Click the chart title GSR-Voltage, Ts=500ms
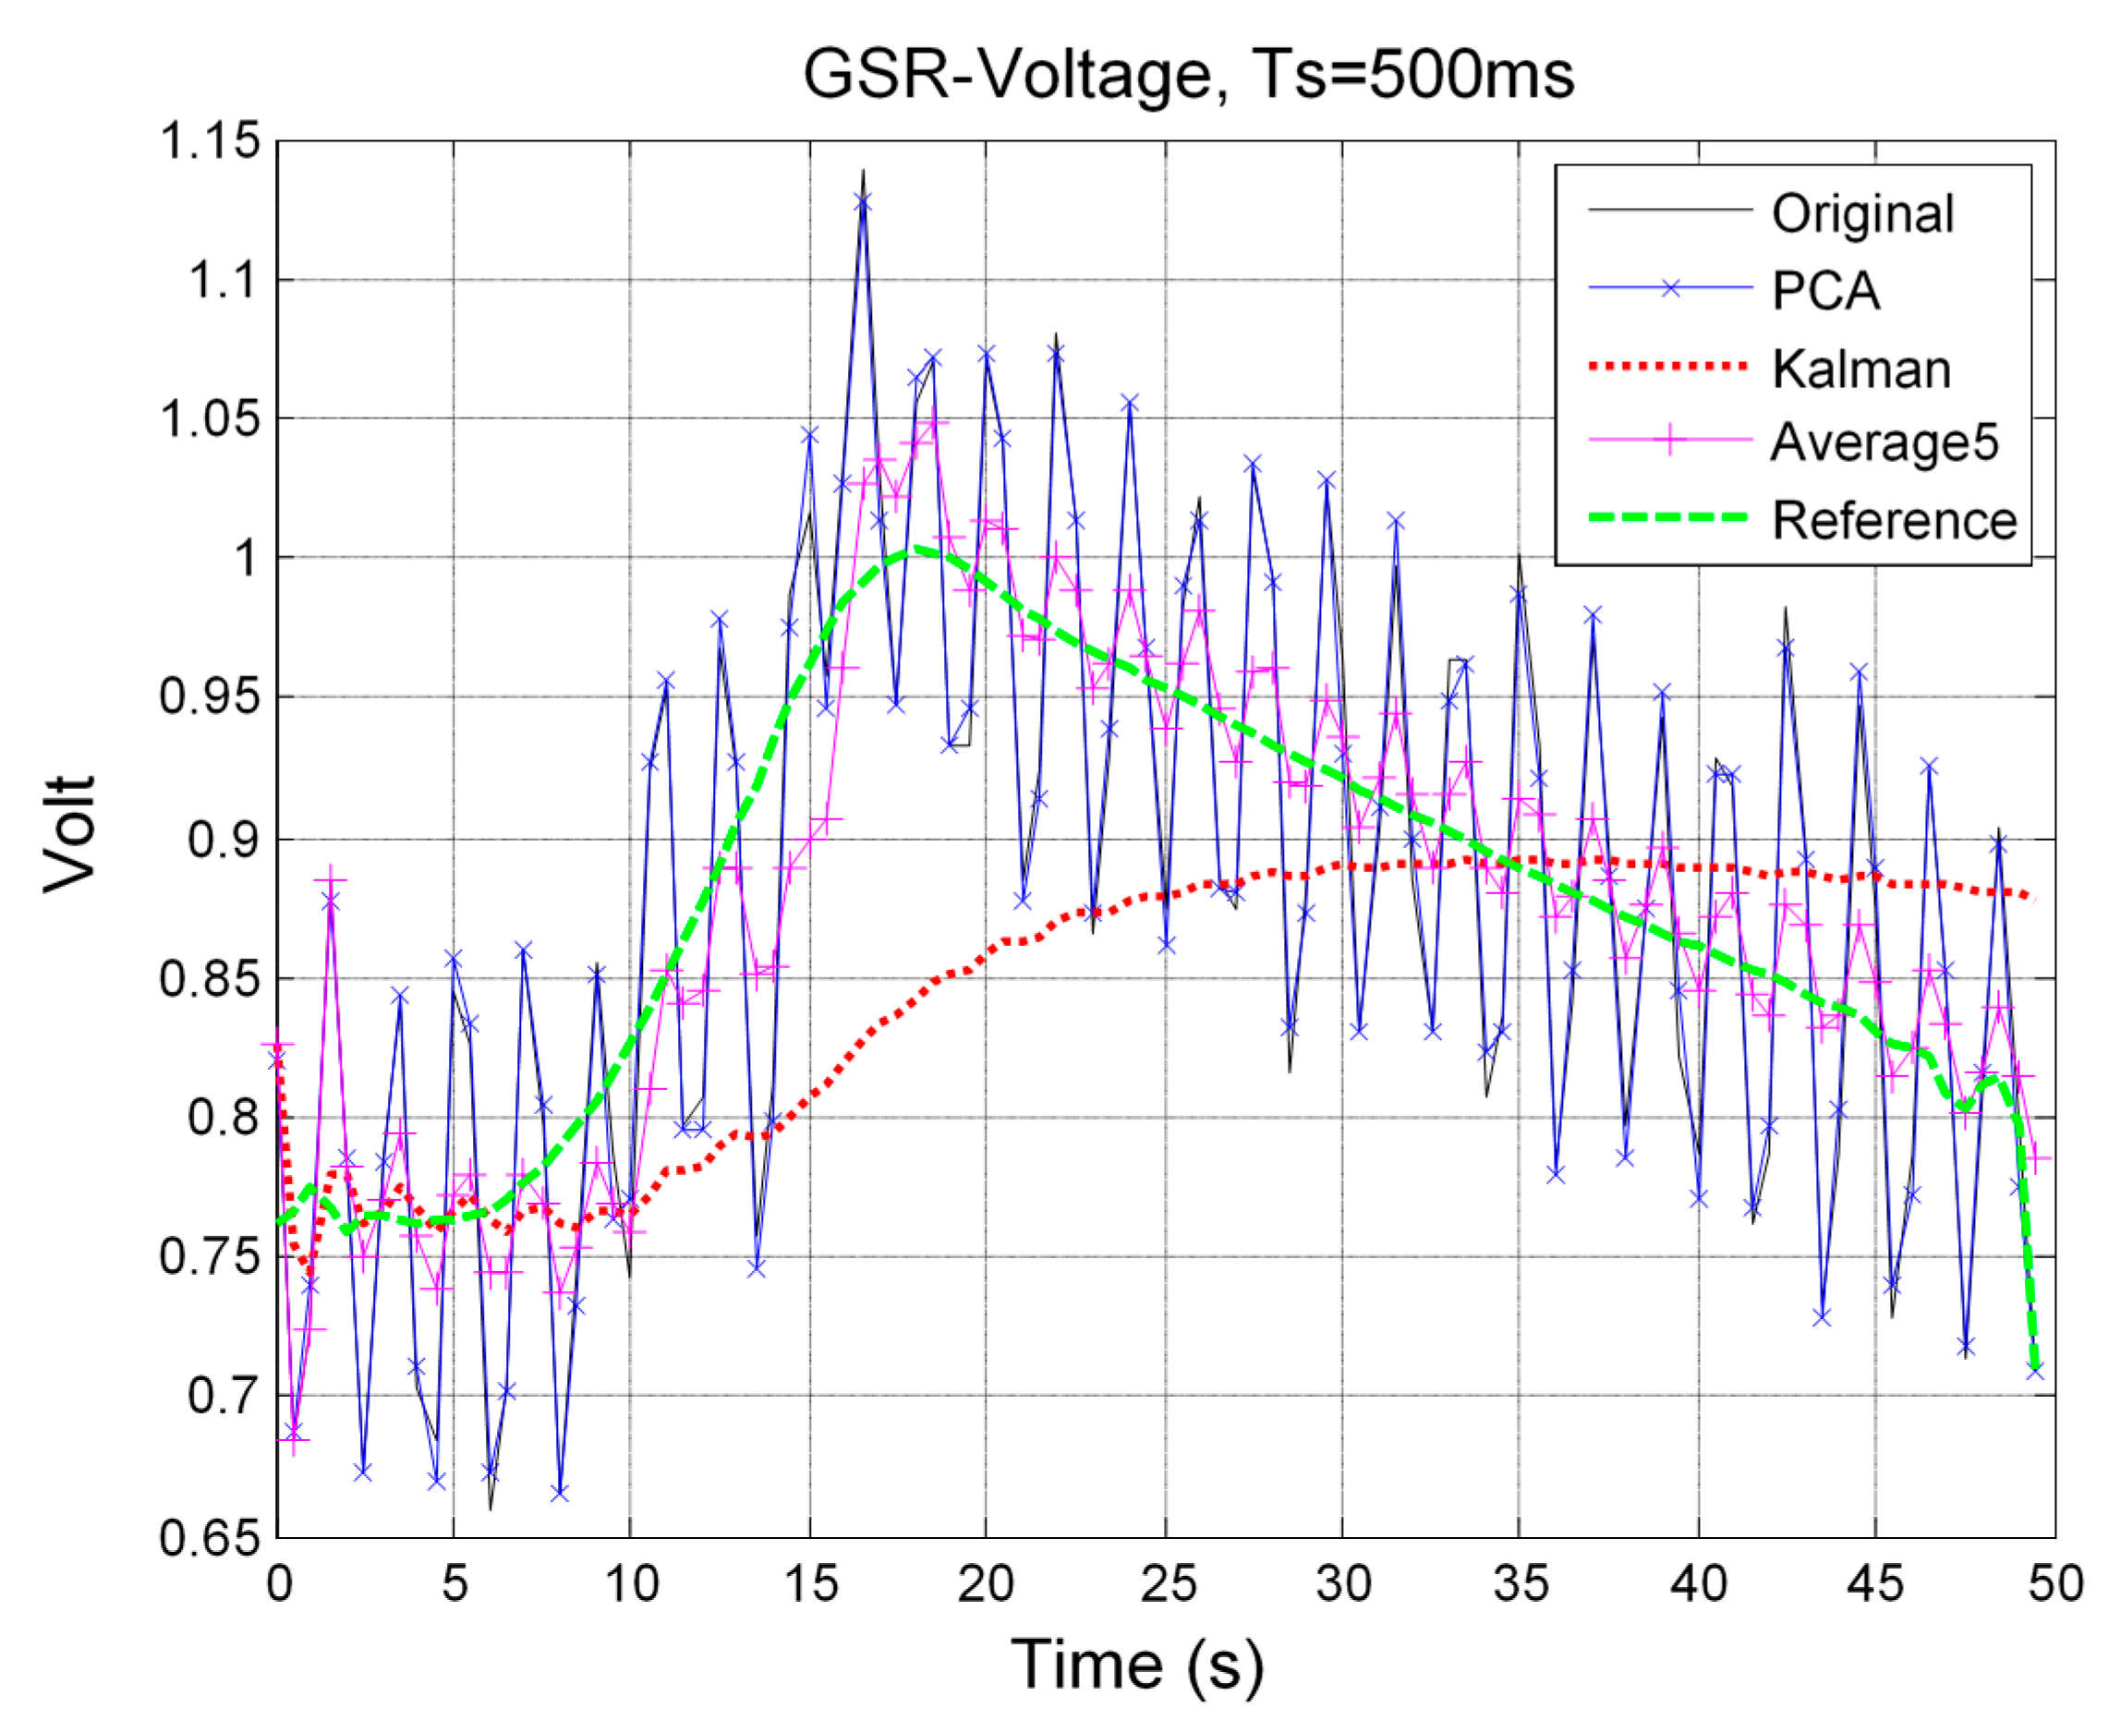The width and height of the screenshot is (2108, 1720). (x=1187, y=76)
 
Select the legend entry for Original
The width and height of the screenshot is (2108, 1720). (x=1861, y=214)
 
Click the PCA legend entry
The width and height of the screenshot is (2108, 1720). (x=1824, y=291)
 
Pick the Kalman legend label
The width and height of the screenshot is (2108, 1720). (x=1860, y=369)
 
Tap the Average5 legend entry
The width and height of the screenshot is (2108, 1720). (x=1884, y=442)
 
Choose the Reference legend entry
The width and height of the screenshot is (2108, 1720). (x=1893, y=520)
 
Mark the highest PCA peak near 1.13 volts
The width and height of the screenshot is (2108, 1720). (x=863, y=202)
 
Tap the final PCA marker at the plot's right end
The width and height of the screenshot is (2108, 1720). (x=2036, y=1371)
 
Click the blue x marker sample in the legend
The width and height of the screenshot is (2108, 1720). (x=1670, y=288)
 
